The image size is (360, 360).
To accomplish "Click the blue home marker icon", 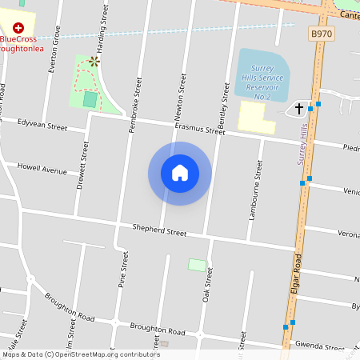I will [x=180, y=173].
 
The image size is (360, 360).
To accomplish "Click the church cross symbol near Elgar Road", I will [x=300, y=108].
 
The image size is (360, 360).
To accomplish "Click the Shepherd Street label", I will [x=158, y=231].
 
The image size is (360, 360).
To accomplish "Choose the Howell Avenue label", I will [x=42, y=170].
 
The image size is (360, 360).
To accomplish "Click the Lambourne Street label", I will [x=258, y=190].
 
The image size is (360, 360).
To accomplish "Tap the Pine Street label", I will [x=123, y=270].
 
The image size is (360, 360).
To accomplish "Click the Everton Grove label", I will [x=56, y=51].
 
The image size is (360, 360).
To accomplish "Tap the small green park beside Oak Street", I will [x=196, y=264].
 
